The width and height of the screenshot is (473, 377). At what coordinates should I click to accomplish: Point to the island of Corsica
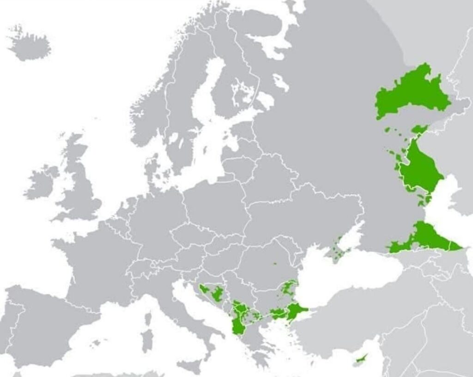coord(148,319)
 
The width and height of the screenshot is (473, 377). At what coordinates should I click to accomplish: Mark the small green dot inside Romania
coord(274,265)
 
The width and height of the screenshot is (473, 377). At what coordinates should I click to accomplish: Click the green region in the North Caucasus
coord(425,238)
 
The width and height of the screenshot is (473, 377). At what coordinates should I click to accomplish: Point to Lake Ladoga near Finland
coord(265,100)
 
